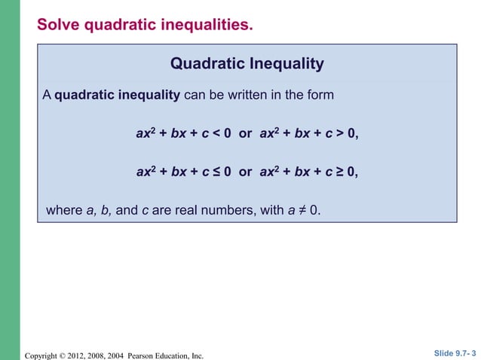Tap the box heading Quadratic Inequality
coord(247,64)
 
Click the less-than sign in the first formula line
coord(216,133)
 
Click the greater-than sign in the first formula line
coord(340,133)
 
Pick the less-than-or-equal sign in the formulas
coord(216,172)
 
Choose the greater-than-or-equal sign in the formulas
coord(340,172)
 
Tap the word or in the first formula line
coord(245,133)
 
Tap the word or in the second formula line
coord(245,172)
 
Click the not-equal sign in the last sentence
coord(302,210)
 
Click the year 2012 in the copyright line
coord(78,355)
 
